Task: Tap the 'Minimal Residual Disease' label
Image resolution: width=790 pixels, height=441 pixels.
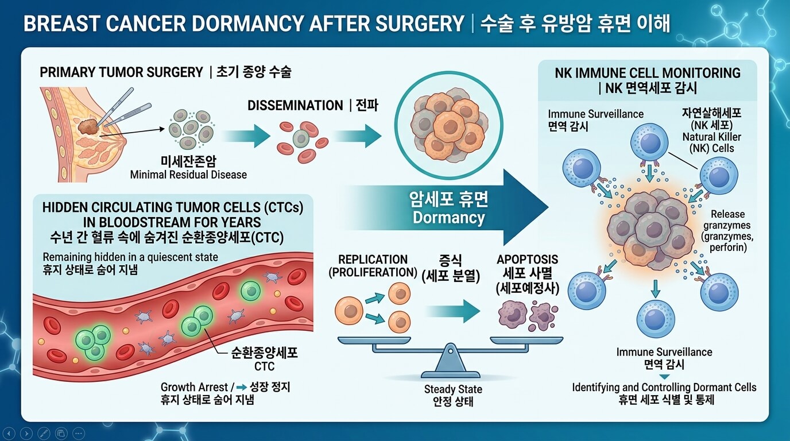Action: coord(188,175)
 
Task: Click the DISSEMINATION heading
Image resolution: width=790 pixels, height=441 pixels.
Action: coord(295,106)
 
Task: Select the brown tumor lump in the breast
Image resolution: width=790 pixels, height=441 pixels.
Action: coord(89,127)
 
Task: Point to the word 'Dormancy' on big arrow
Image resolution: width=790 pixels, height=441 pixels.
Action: coord(448,218)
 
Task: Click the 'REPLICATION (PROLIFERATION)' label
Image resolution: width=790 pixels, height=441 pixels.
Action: coord(373,266)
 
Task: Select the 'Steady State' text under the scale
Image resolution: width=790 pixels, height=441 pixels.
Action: coord(453,389)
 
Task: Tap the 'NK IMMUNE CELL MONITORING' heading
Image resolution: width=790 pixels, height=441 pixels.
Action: coord(647,73)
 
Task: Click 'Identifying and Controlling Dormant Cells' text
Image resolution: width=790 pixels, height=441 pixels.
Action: coord(664,387)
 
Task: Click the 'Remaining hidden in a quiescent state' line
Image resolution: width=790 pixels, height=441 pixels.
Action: coord(130,257)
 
